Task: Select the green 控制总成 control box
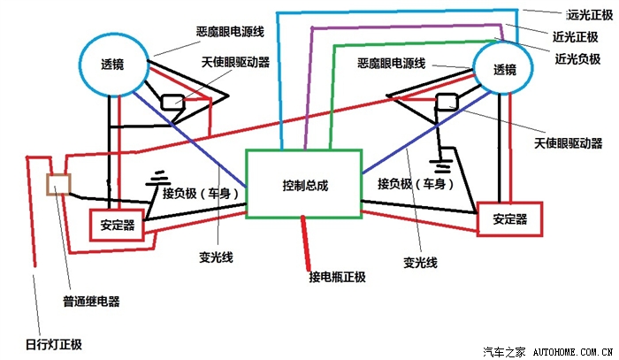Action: coord(247,184)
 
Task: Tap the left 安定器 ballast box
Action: coord(90,225)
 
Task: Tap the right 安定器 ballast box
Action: coord(478,219)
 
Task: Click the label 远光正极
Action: coord(590,15)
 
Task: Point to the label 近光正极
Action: coord(575,37)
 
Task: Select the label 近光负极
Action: coord(577,58)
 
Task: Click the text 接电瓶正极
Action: coord(337,277)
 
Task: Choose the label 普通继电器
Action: coord(91,302)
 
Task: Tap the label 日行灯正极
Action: coord(54,344)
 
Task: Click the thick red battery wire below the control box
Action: coord(306,242)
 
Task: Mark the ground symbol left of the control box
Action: coord(157,179)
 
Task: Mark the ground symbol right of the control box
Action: coord(440,166)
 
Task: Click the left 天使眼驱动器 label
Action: coord(236,62)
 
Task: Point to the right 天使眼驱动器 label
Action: coord(568,143)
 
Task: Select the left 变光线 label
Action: coord(216,257)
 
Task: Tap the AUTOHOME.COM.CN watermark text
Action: coord(573,351)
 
